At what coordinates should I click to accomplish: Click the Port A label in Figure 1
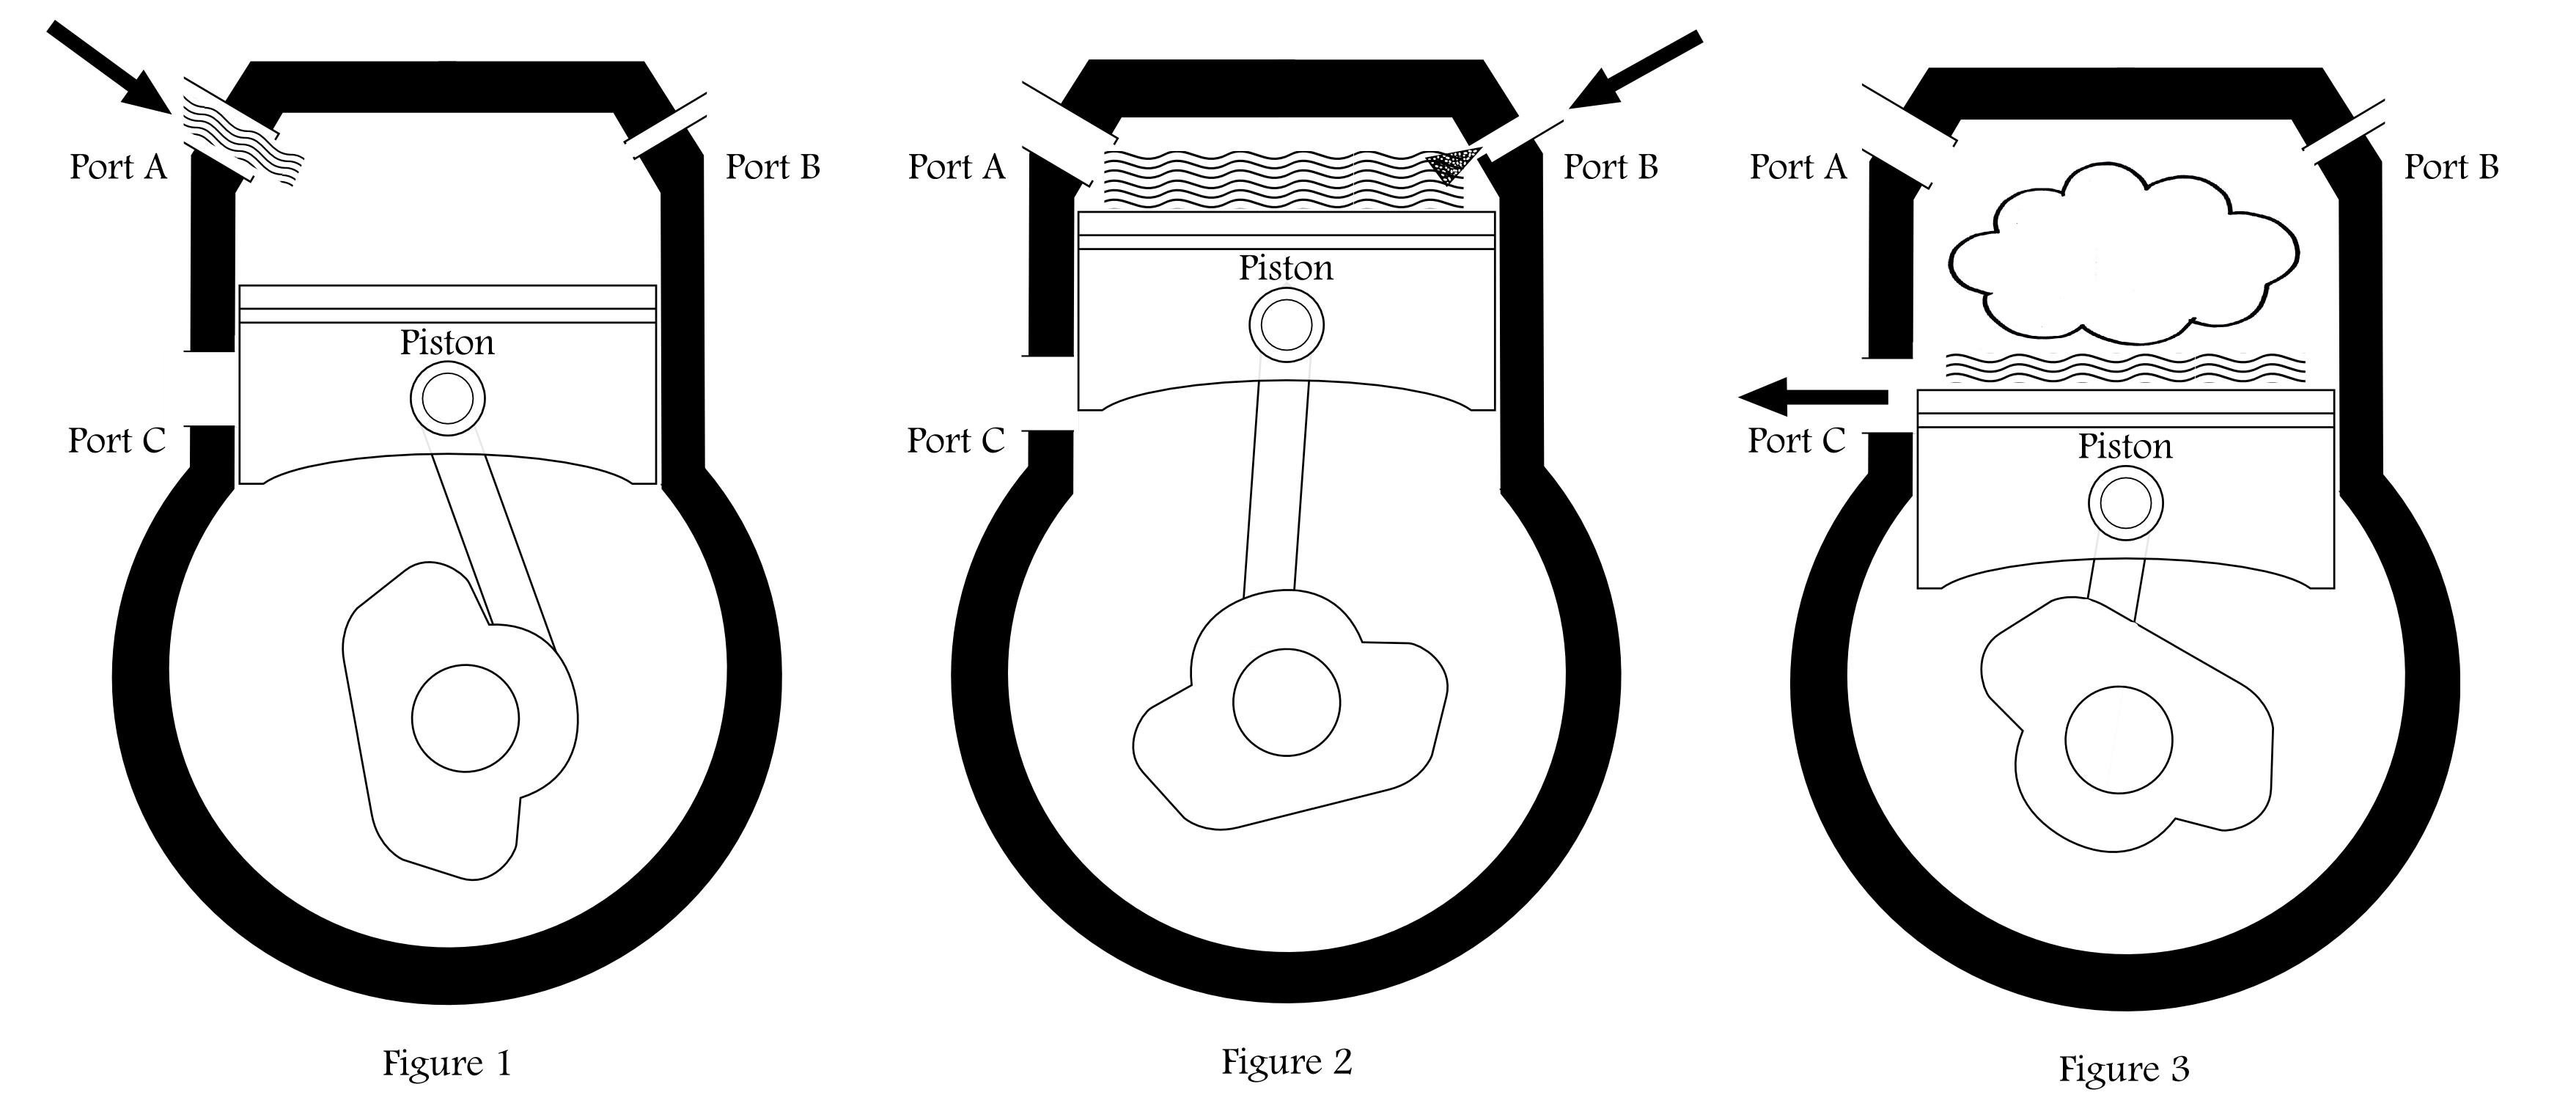[x=117, y=166]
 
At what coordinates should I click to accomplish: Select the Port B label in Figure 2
[x=1610, y=166]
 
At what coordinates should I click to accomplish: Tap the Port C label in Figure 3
[x=1796, y=440]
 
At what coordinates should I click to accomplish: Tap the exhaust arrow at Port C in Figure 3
[x=1812, y=397]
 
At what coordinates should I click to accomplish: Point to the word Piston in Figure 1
[x=446, y=342]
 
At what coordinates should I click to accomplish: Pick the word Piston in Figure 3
[x=2124, y=446]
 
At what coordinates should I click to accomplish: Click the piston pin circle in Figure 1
[x=448, y=399]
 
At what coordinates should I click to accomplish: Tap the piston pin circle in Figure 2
[x=1286, y=325]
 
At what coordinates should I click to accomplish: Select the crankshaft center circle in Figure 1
[x=466, y=718]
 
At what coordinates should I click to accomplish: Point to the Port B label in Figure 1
[x=773, y=166]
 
